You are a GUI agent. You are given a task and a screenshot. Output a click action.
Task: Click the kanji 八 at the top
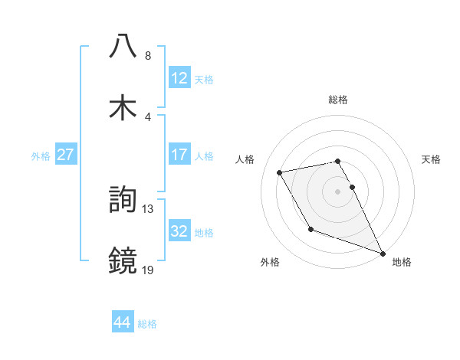[123, 47]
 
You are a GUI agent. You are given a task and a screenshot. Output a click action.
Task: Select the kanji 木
[123, 107]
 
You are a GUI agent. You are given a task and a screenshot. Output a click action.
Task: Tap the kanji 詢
[123, 201]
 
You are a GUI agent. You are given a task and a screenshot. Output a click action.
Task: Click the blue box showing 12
[179, 78]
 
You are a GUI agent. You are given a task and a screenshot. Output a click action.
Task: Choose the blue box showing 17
[179, 155]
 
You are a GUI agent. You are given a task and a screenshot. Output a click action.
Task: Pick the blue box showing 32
[179, 231]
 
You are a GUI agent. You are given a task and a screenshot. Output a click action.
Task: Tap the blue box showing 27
[66, 155]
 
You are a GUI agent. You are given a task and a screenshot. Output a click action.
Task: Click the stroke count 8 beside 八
[148, 56]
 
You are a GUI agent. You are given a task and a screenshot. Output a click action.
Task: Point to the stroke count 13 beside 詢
[148, 208]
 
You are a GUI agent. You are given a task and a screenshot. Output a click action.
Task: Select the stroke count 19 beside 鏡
[148, 269]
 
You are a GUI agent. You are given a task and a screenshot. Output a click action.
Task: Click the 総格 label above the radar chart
[338, 100]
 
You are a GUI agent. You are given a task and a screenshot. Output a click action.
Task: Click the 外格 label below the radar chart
[269, 263]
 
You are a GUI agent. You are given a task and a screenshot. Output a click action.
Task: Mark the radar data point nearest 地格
[383, 253]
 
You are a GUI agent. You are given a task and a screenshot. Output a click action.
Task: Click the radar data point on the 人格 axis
[280, 172]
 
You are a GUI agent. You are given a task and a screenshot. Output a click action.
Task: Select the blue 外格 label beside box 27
[41, 155]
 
